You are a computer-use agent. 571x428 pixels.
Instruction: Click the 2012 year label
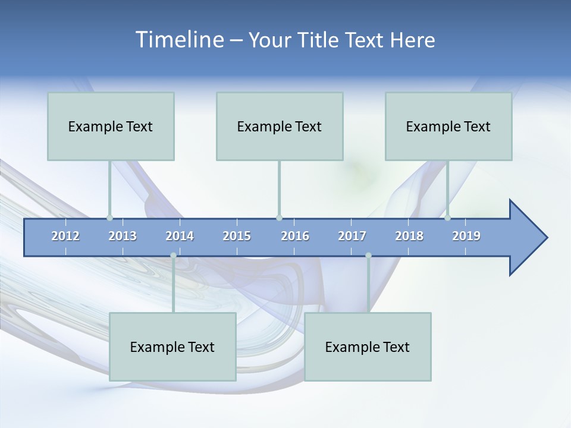(65, 236)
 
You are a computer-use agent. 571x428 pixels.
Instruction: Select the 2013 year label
(123, 236)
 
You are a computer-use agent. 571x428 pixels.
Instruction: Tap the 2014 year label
(180, 236)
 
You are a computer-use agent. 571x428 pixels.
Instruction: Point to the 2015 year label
(237, 236)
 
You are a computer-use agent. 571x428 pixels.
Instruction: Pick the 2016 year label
(295, 236)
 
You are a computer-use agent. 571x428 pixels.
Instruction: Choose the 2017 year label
(352, 236)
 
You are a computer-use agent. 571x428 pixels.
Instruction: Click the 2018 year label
(409, 236)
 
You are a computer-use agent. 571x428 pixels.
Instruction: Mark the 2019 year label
(466, 236)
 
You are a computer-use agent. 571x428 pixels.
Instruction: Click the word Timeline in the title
(179, 40)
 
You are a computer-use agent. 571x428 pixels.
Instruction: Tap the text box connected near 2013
(111, 126)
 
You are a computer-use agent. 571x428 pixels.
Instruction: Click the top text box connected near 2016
(280, 126)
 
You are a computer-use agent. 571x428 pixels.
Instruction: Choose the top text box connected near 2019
(448, 126)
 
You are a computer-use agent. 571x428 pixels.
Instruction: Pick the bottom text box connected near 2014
(172, 347)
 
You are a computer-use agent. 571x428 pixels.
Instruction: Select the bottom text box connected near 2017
(368, 347)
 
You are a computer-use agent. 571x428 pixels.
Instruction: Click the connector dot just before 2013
(109, 218)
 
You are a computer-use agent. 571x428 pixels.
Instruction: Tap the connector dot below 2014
(173, 256)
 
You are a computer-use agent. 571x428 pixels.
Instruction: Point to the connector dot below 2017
(368, 256)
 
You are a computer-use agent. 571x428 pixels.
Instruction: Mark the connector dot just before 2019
(447, 218)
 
